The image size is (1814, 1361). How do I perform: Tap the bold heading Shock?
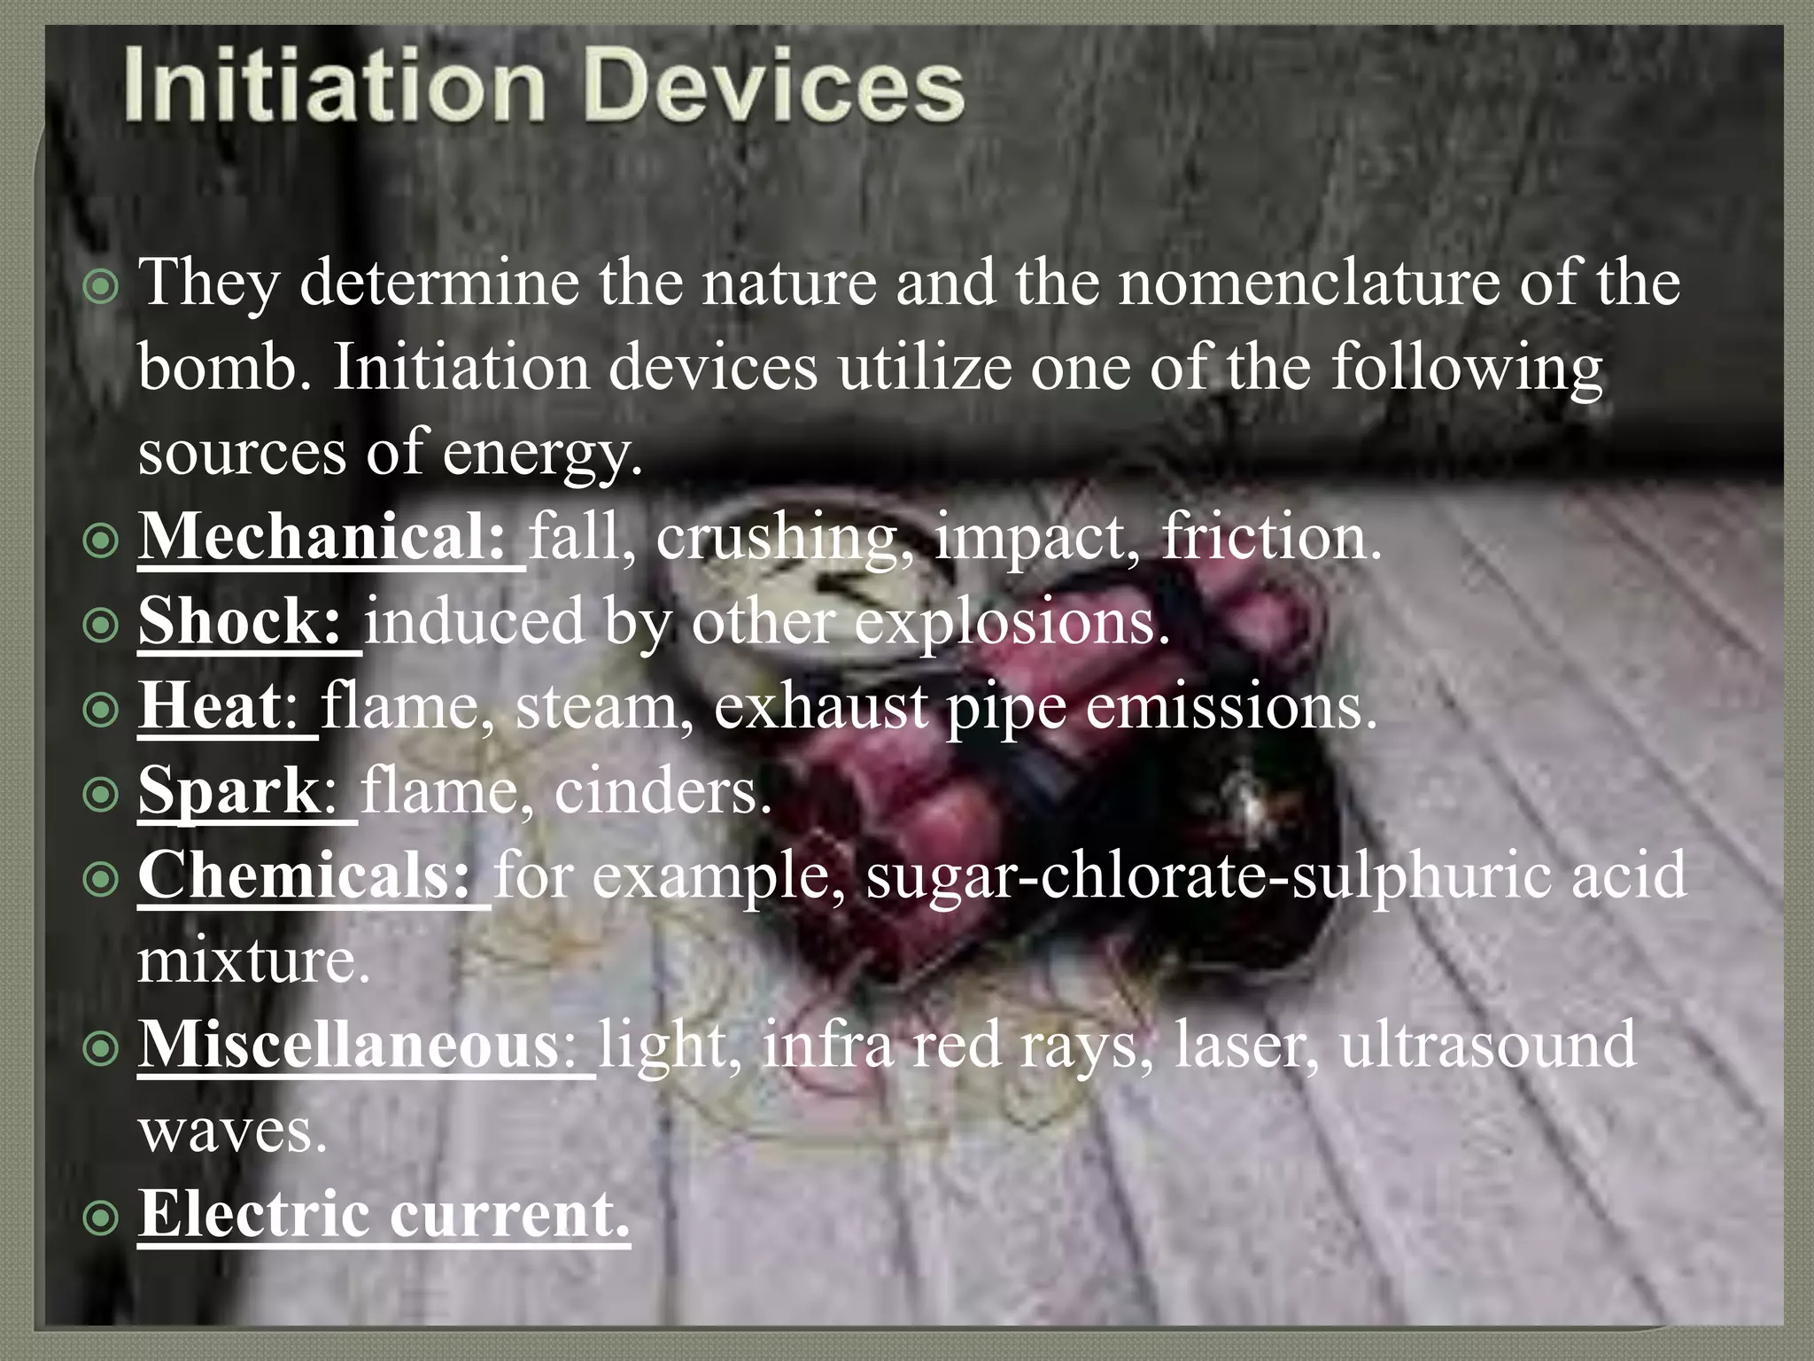[x=239, y=622]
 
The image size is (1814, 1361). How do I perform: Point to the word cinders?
[x=663, y=791]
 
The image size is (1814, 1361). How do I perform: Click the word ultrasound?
[x=1487, y=1046]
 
